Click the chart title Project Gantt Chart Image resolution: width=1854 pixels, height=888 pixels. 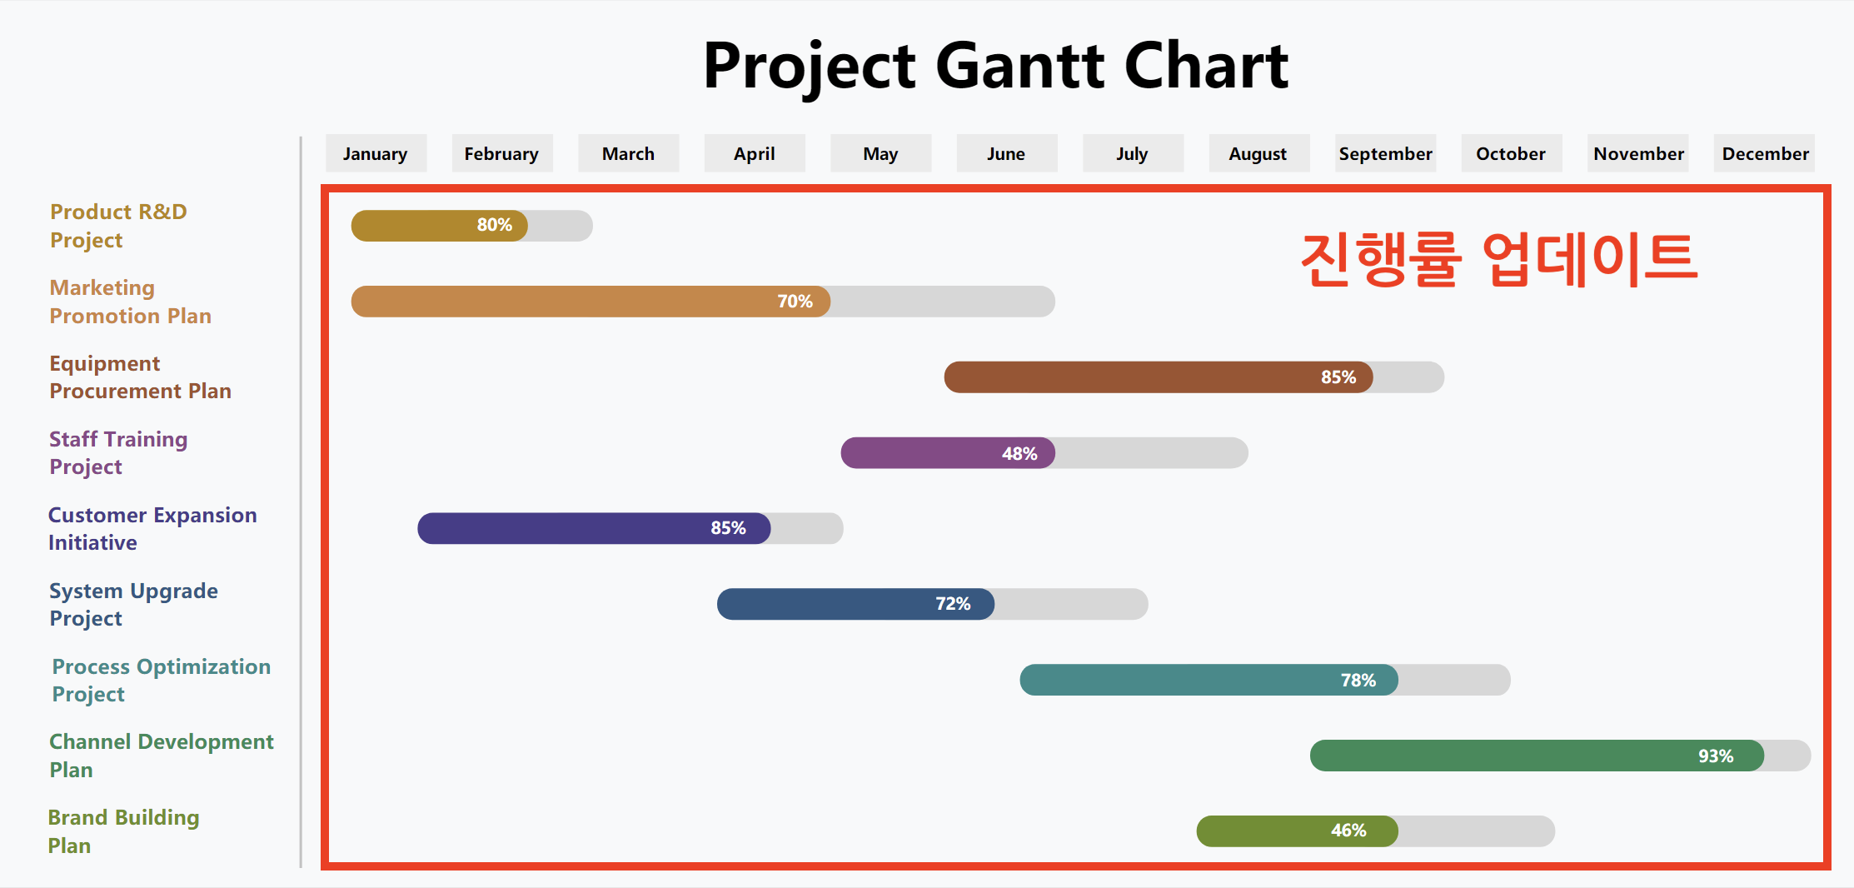995,66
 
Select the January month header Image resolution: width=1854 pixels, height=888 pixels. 376,153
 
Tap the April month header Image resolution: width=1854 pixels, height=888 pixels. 754,153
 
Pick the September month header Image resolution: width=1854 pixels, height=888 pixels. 1385,153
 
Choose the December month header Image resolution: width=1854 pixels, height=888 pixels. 1764,153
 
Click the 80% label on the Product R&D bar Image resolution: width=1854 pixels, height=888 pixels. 494,225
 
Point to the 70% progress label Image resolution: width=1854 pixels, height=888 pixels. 795,302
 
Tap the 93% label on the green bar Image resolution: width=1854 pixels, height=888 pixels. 1715,756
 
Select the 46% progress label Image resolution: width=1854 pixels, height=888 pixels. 1348,831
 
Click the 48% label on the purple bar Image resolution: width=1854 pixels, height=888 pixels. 1019,453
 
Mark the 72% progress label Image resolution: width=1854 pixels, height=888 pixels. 952,604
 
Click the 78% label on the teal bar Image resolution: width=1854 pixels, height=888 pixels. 1358,680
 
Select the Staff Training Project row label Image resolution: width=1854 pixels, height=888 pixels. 118,452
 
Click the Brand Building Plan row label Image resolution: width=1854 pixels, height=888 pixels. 123,831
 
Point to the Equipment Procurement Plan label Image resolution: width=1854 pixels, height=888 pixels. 140,377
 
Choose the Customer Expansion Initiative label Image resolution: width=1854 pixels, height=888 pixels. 152,528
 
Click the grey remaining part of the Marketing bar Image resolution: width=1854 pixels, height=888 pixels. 941,302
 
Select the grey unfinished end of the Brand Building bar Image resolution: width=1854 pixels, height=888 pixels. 1474,831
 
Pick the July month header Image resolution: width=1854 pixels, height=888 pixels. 1132,153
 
